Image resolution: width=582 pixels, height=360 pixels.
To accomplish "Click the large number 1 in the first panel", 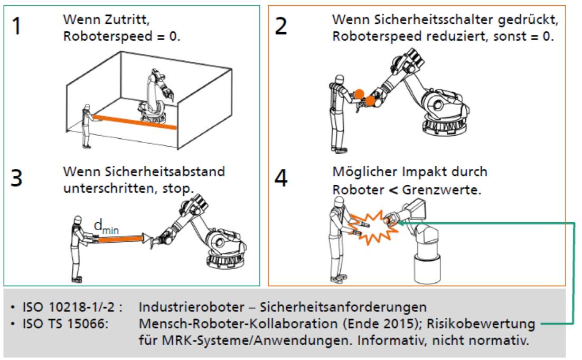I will tap(18, 26).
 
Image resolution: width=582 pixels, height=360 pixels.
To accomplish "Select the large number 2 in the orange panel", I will tap(281, 26).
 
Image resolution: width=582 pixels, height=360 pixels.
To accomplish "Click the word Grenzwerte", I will tap(443, 189).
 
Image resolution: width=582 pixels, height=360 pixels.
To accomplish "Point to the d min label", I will tap(106, 228).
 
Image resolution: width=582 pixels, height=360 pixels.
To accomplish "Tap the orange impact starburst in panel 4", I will tap(370, 224).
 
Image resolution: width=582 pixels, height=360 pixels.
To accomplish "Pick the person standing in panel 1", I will tap(86, 126).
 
